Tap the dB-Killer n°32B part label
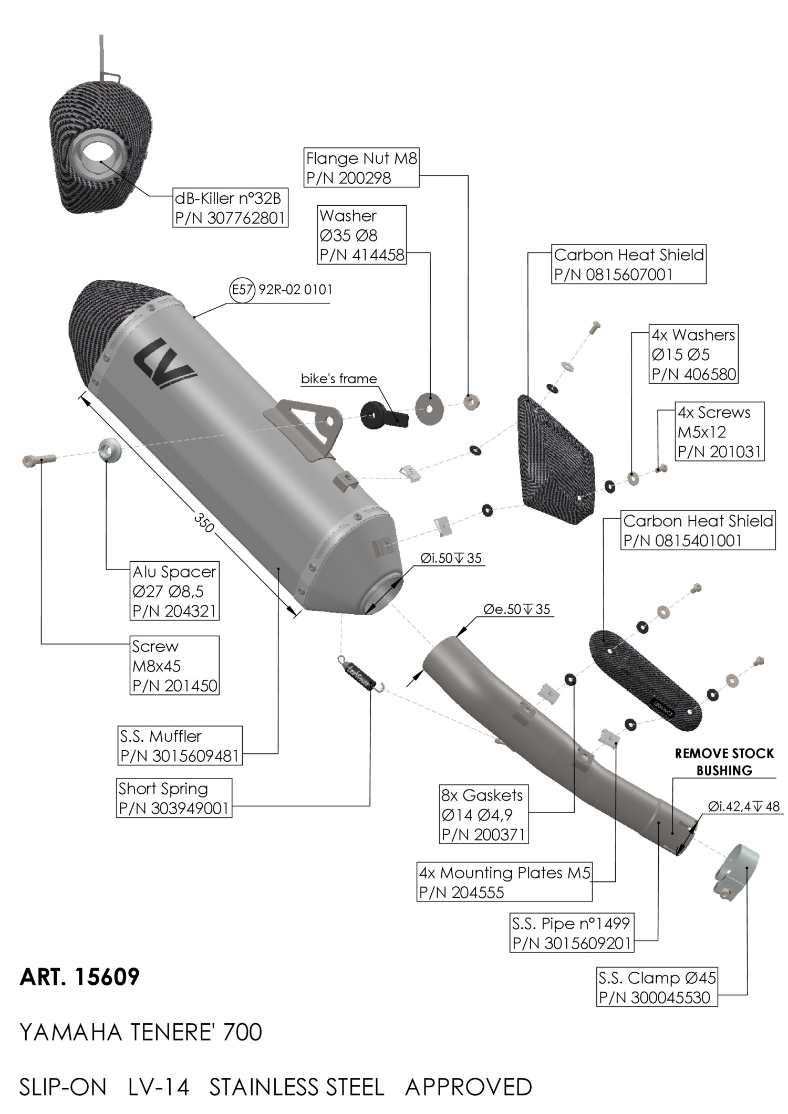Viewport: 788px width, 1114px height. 231,208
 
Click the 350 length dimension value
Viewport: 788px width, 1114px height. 204,521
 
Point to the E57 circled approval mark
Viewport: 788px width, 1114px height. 242,289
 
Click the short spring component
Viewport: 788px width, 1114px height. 361,675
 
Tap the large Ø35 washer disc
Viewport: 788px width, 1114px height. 429,408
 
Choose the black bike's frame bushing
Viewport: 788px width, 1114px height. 384,414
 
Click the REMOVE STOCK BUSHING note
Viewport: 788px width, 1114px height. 724,762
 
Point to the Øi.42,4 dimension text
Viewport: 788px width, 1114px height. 743,806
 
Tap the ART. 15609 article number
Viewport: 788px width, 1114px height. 80,977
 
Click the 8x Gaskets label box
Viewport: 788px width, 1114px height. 484,815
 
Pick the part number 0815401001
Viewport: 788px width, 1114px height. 682,540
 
